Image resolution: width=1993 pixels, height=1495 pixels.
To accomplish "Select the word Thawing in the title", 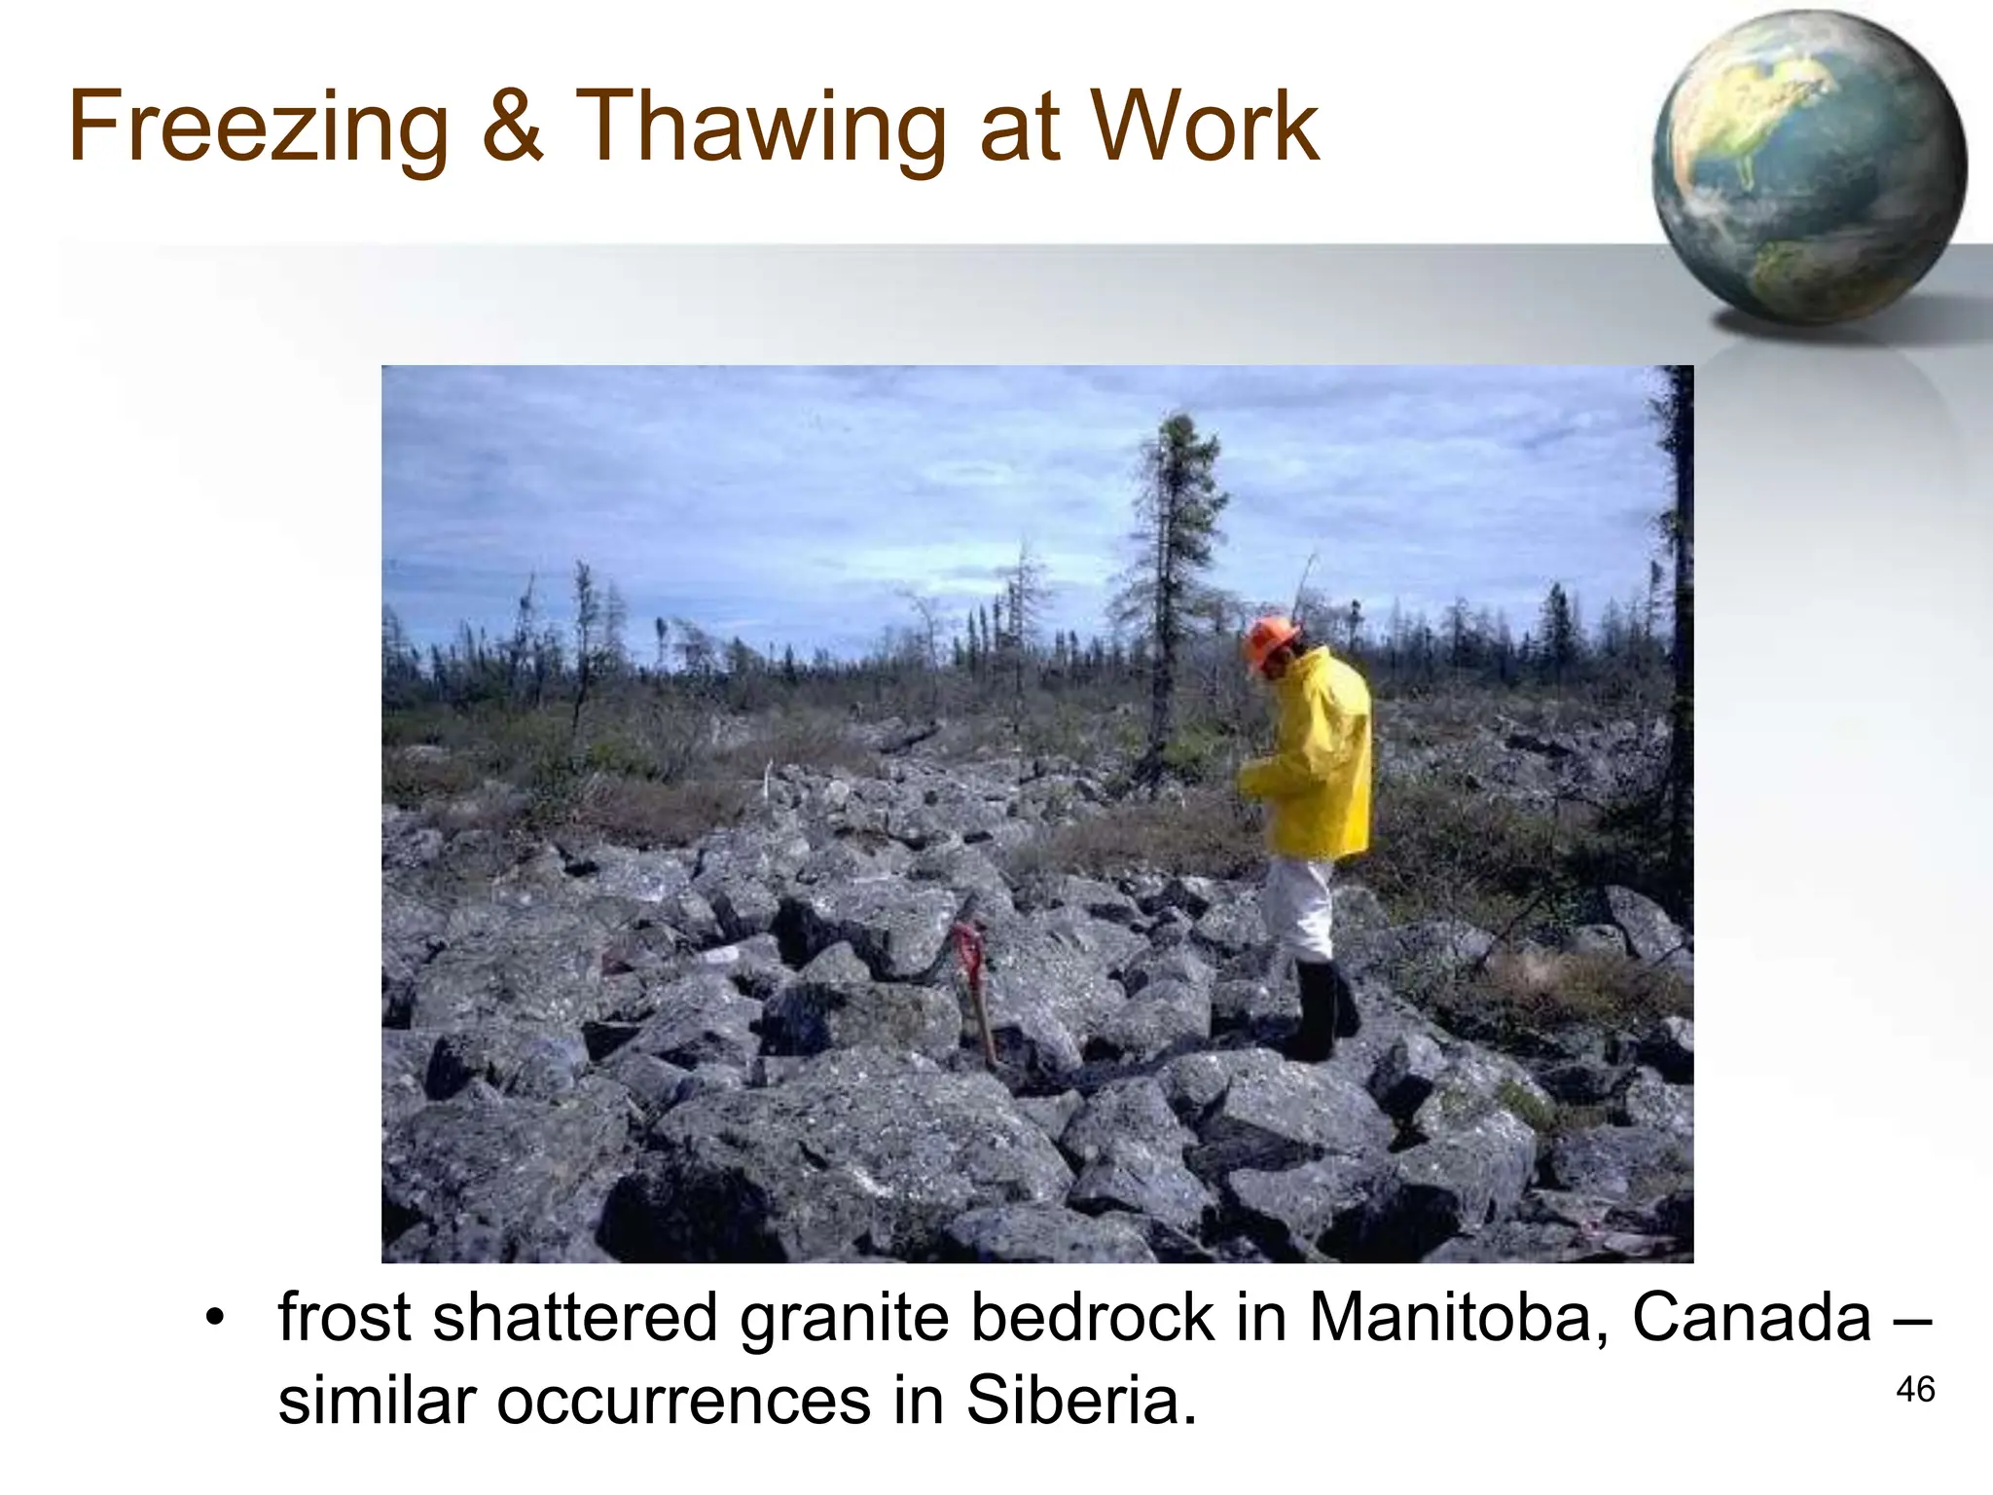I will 760,128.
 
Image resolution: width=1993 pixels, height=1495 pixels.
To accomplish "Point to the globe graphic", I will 1808,167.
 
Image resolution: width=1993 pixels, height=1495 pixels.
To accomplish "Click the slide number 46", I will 1915,1390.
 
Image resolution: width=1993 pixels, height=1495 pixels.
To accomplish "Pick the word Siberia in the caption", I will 1080,1402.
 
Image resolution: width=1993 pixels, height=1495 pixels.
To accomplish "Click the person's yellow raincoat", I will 1314,759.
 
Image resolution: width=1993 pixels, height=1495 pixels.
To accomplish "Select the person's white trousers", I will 1299,905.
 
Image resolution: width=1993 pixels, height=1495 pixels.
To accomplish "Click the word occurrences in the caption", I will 685,1402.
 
